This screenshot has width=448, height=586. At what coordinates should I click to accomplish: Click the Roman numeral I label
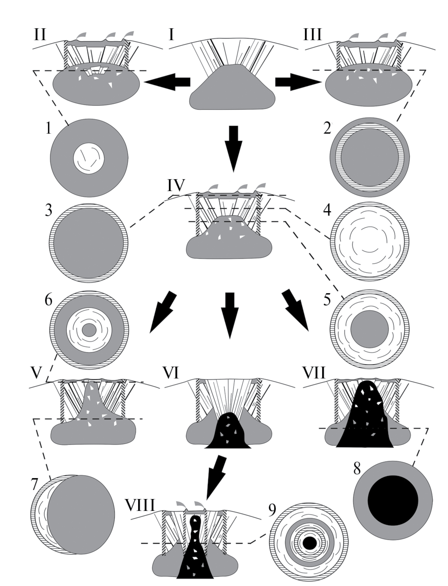pyautogui.click(x=171, y=35)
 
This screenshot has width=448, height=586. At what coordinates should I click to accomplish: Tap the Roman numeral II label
pyautogui.click(x=40, y=35)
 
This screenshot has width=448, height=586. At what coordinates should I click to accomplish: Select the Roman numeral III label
pyautogui.click(x=312, y=35)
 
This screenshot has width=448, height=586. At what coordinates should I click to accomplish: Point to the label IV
pyautogui.click(x=176, y=185)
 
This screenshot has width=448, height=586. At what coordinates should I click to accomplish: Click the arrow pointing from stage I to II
pyautogui.click(x=168, y=82)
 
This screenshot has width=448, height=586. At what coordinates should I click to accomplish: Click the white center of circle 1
pyautogui.click(x=89, y=159)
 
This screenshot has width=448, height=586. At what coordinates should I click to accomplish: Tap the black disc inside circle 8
pyautogui.click(x=393, y=500)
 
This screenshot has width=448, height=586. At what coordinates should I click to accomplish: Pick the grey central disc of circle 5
pyautogui.click(x=369, y=329)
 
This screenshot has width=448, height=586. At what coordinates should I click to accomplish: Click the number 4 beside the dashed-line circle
pyautogui.click(x=327, y=210)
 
